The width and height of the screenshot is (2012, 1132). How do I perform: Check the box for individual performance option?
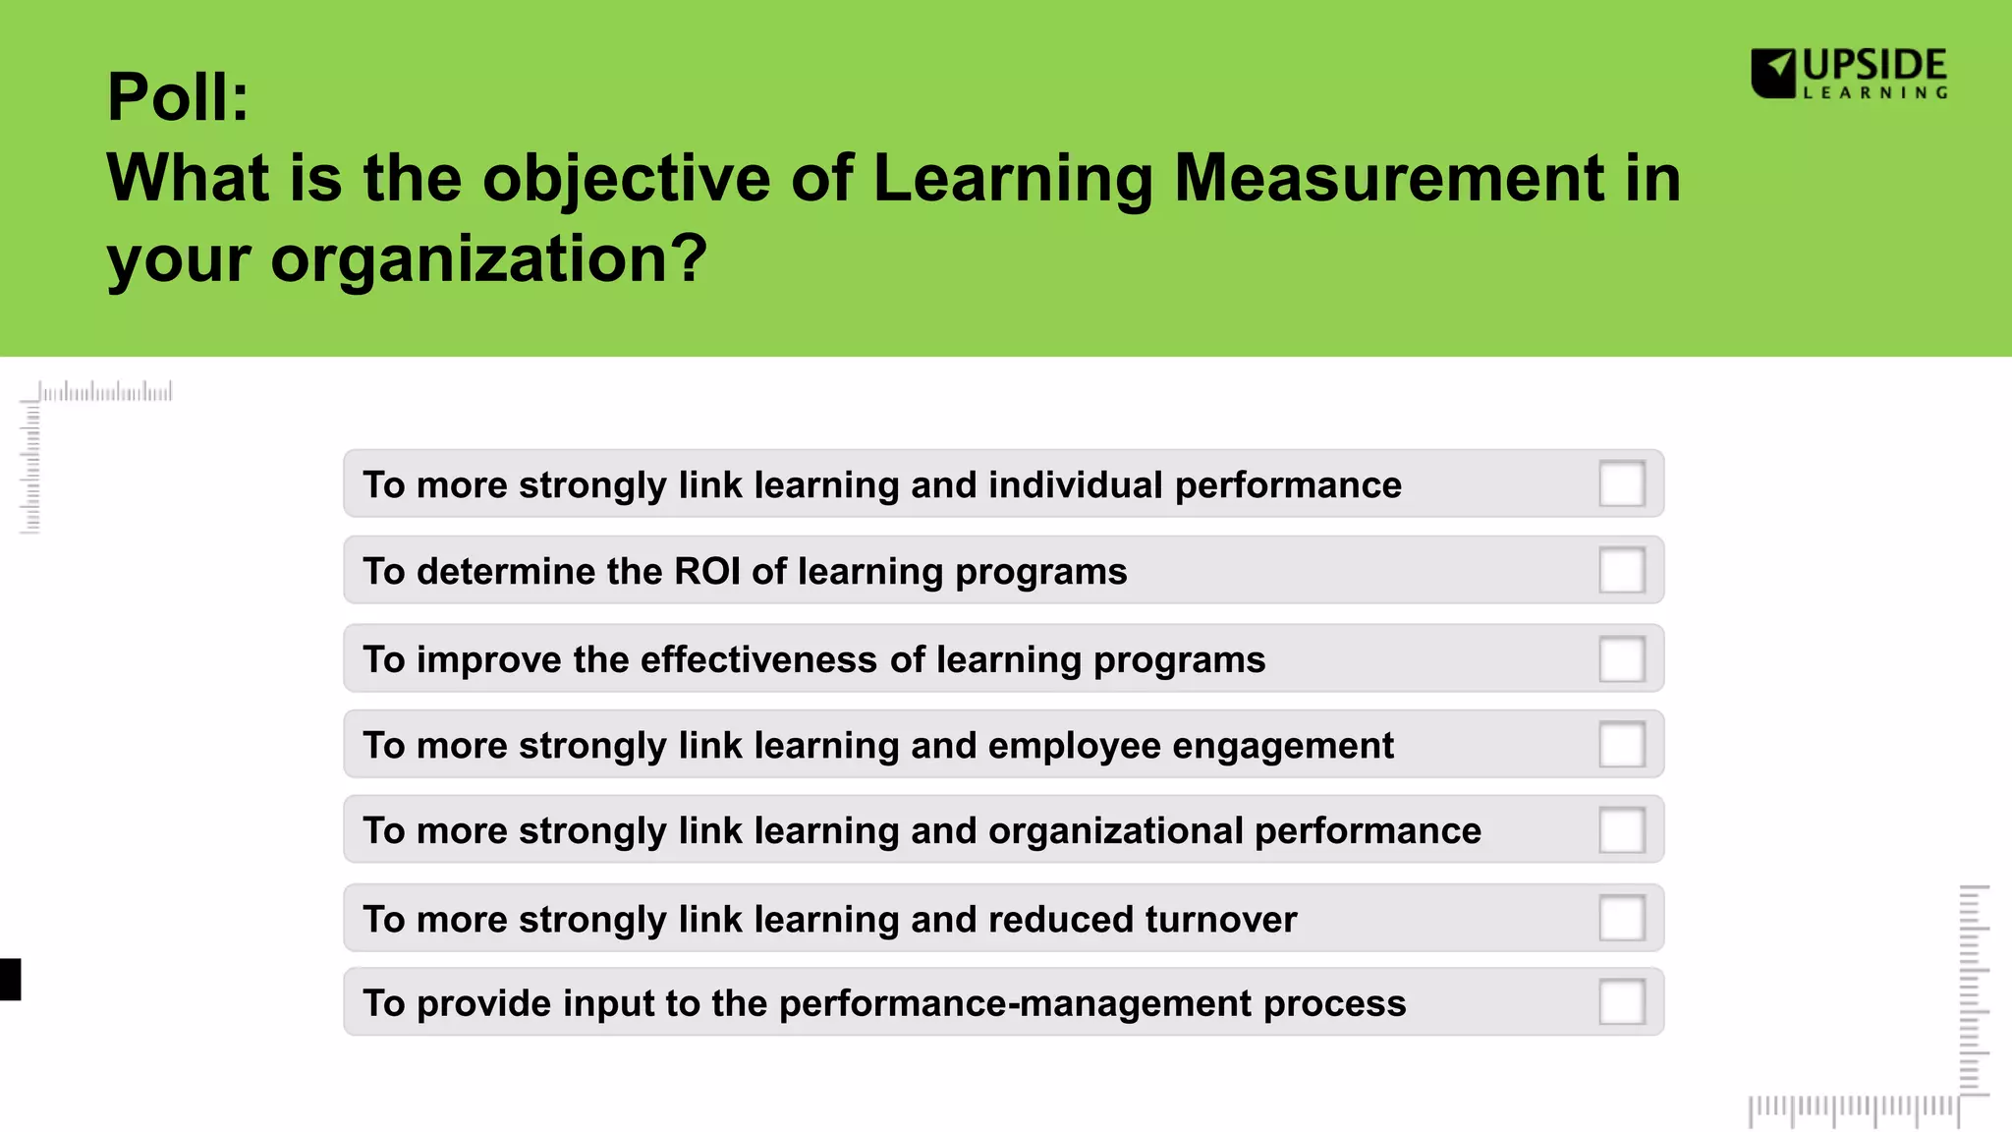click(1621, 483)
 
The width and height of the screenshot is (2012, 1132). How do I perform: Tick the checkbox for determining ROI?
click(1621, 570)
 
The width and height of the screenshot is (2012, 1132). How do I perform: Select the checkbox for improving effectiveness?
click(1621, 658)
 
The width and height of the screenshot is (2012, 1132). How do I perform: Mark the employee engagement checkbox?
click(1621, 745)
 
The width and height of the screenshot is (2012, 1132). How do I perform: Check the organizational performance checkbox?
click(1621, 830)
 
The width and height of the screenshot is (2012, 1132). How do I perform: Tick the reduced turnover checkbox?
click(1621, 918)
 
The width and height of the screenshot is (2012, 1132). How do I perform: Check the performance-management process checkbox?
click(1621, 1002)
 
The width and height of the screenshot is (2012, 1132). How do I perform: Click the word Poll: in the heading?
click(178, 97)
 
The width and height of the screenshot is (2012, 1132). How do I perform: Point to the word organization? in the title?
click(488, 259)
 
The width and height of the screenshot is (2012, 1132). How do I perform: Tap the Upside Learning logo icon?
click(1773, 74)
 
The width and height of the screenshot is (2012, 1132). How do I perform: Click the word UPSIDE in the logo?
click(1874, 66)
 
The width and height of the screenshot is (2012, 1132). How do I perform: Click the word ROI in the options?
click(707, 571)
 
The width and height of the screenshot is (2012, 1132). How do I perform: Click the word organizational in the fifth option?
click(1116, 831)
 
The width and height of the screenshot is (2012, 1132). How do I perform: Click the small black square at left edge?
click(10, 980)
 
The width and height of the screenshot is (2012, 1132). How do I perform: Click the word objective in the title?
click(626, 180)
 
